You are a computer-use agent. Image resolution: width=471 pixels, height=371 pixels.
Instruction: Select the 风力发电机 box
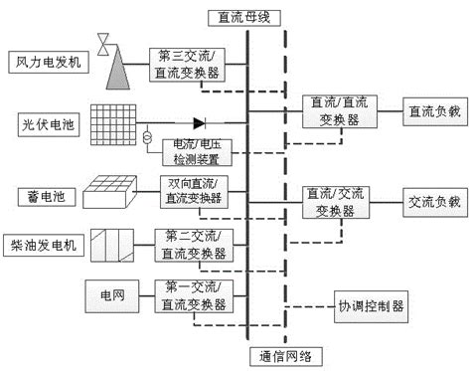49,62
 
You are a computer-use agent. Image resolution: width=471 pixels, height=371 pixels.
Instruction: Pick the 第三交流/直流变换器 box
188,62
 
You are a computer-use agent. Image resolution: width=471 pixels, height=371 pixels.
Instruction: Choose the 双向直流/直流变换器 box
193,191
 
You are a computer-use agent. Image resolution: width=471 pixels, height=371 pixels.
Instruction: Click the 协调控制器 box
368,307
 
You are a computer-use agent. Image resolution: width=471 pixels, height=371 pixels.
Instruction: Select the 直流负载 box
432,111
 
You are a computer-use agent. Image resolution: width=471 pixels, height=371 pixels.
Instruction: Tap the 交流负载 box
432,201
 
